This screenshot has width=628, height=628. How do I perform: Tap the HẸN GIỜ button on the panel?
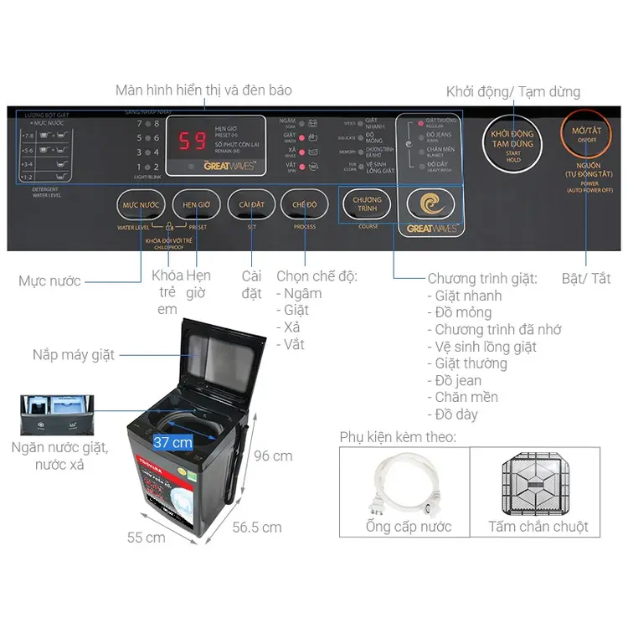pyautogui.click(x=196, y=204)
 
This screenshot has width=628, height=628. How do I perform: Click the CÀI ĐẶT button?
pyautogui.click(x=251, y=204)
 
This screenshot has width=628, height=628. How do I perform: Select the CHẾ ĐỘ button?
pyautogui.click(x=305, y=204)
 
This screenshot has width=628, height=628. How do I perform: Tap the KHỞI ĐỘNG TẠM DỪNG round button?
pyautogui.click(x=512, y=138)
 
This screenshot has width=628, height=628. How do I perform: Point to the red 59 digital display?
pyautogui.click(x=193, y=140)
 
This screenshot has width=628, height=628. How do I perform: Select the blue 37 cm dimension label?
pyautogui.click(x=173, y=441)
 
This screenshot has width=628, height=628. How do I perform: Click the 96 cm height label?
pyautogui.click(x=274, y=456)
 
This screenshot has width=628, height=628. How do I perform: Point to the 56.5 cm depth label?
pyautogui.click(x=257, y=528)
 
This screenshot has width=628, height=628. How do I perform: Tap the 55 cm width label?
pyautogui.click(x=146, y=538)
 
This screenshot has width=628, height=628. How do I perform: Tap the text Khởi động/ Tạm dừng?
pyautogui.click(x=512, y=91)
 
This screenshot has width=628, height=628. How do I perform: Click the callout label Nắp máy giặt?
pyautogui.click(x=73, y=354)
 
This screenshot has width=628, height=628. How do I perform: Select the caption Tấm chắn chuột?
pyautogui.click(x=538, y=527)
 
